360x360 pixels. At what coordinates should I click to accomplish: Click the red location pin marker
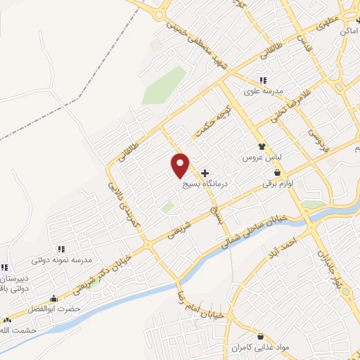pyautogui.click(x=181, y=165)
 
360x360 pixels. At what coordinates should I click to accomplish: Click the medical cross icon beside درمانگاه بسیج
pyautogui.click(x=205, y=172)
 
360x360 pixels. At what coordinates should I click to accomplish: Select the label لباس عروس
pyautogui.click(x=262, y=158)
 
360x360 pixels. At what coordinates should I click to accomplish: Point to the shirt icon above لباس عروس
pyautogui.click(x=262, y=147)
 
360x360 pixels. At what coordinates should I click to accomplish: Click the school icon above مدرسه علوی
pyautogui.click(x=262, y=80)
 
